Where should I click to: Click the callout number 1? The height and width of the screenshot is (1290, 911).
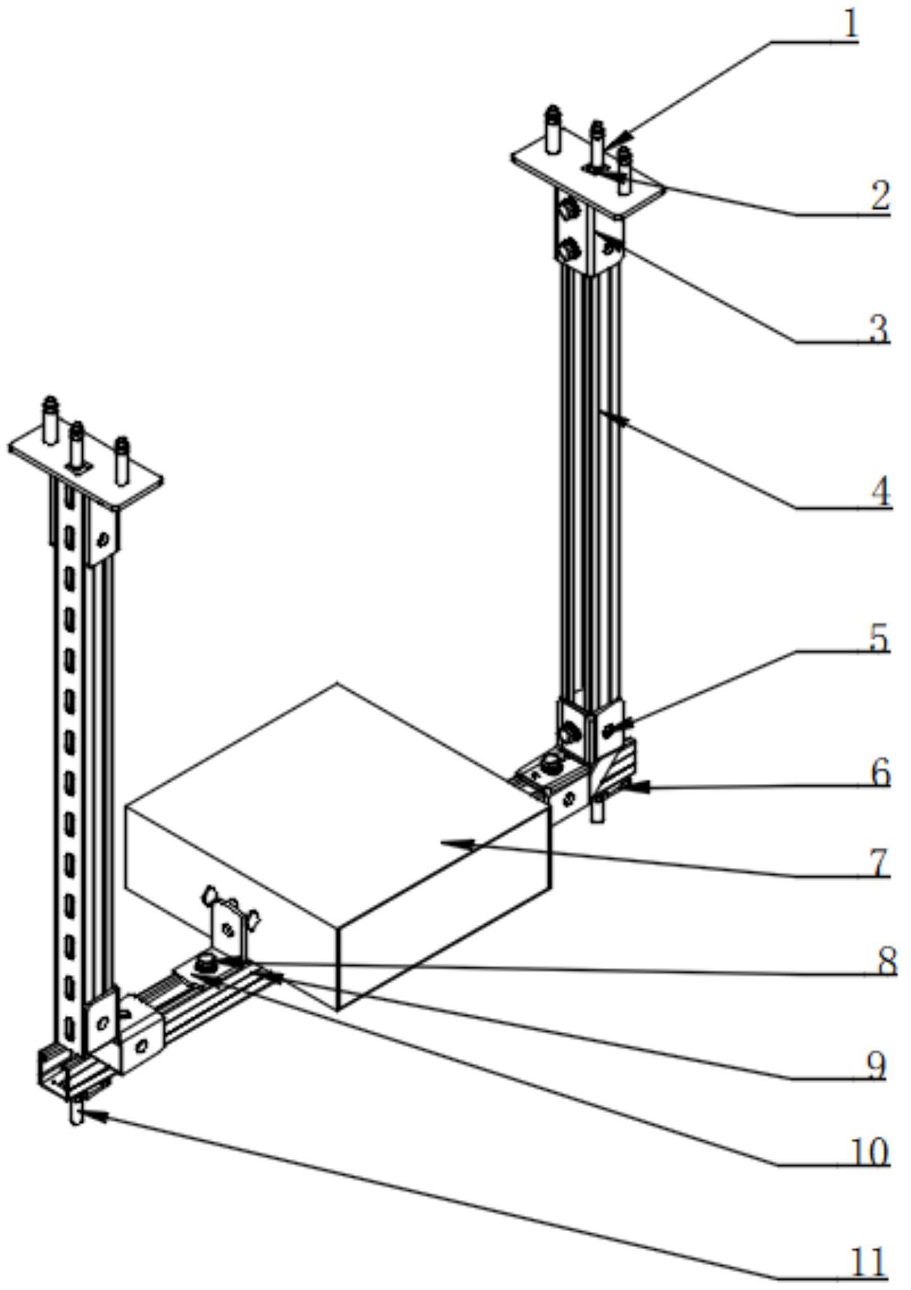[x=850, y=25]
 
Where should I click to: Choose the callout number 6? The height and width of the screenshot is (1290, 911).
[x=880, y=772]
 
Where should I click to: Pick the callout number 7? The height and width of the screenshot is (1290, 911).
[x=880, y=862]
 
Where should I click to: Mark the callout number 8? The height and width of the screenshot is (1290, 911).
[x=886, y=962]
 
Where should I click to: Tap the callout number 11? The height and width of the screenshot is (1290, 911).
[x=869, y=1262]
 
